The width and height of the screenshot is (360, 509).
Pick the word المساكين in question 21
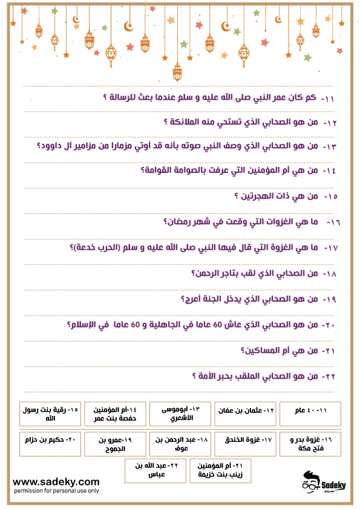point(264,351)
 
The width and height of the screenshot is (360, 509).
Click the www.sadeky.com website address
point(56,481)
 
